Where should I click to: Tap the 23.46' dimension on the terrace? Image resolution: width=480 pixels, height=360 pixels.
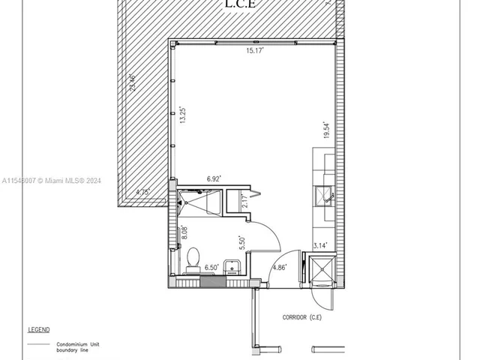tap(133, 82)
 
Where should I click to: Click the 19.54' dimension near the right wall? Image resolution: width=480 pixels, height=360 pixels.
tap(325, 130)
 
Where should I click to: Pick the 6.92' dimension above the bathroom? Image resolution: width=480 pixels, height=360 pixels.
tap(214, 179)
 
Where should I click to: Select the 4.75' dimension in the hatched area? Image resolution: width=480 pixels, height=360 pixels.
tap(142, 193)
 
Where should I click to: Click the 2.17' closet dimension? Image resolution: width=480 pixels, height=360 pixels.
tap(244, 202)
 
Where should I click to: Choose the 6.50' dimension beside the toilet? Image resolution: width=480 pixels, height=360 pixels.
tap(211, 267)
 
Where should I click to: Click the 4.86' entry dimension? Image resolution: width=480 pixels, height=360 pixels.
tap(278, 267)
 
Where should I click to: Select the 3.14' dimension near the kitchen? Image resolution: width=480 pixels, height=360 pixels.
tap(319, 244)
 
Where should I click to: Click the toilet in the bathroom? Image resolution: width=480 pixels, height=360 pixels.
tap(192, 259)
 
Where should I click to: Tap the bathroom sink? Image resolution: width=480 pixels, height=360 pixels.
tap(232, 268)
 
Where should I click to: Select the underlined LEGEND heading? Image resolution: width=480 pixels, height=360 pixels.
tap(39, 329)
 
